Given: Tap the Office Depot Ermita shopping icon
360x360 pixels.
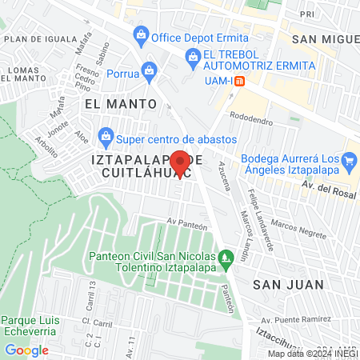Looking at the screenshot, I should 141,34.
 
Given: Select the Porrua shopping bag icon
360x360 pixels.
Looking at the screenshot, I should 148,70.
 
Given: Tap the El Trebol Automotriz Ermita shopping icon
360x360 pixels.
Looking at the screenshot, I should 193,55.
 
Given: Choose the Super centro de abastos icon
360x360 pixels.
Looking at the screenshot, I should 106,134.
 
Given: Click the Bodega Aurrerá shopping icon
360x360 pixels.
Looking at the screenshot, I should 349,162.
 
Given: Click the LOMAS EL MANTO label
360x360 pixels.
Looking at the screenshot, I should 23,74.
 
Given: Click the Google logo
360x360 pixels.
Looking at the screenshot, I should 26,350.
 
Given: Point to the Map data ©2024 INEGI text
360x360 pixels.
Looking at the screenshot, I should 310,354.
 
